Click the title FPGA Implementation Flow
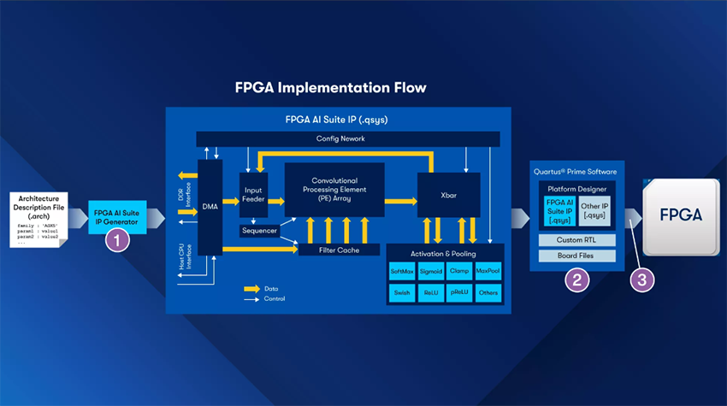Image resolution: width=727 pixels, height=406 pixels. pos(330,88)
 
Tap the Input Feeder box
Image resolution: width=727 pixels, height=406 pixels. pos(254,195)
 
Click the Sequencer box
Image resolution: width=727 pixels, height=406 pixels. pos(258,231)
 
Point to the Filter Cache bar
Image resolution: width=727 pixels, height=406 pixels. pos(338,250)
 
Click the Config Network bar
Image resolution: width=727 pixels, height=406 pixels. pos(348,138)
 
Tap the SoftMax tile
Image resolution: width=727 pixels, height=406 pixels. pos(401,271)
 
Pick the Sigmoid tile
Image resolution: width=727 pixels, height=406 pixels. pos(430,271)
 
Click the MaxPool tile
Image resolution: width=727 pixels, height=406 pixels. pos(488,271)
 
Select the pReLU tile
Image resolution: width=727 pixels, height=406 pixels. pos(458,292)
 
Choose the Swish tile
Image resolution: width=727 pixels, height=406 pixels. pos(401,292)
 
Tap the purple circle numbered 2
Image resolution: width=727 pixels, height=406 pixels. pos(576,279)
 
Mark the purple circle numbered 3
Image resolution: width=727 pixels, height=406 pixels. pos(641,279)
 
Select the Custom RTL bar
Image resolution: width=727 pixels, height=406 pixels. pos(576,240)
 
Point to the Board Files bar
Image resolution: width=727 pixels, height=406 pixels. pos(576,256)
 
